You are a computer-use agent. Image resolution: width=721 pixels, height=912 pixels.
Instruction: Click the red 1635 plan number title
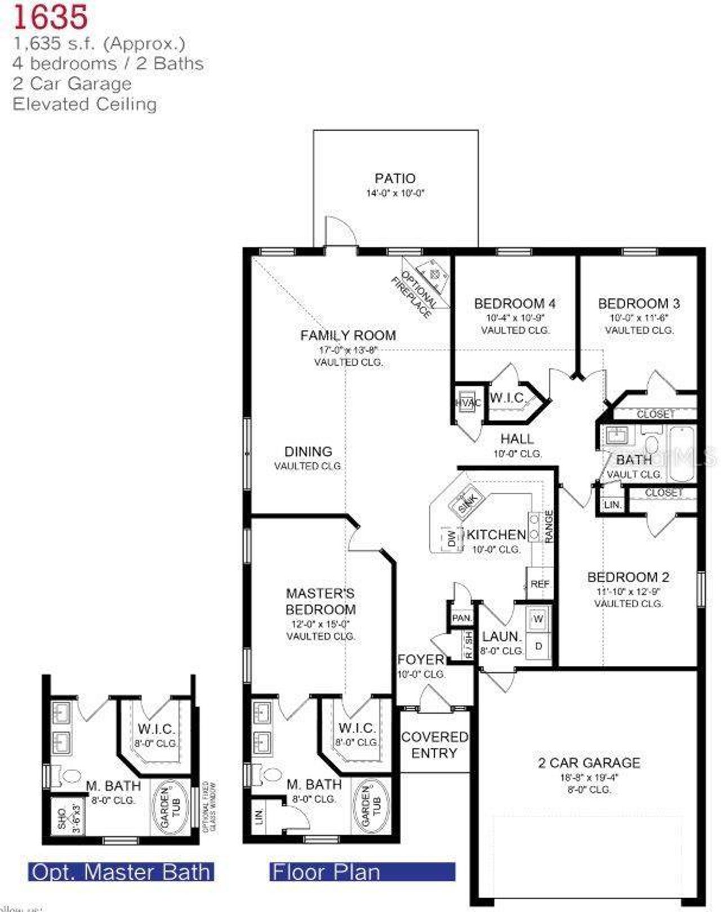(x=51, y=17)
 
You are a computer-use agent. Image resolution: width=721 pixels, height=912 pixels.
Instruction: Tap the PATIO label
(x=395, y=178)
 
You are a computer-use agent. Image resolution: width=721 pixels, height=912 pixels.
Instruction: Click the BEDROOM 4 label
(x=514, y=303)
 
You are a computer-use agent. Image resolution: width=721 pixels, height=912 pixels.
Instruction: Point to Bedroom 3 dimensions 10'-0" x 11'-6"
(x=639, y=318)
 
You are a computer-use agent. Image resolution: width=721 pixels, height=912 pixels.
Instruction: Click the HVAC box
(x=468, y=403)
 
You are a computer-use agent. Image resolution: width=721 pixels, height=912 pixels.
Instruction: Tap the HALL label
(x=517, y=439)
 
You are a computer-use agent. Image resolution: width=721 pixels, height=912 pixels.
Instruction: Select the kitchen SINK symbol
(x=466, y=500)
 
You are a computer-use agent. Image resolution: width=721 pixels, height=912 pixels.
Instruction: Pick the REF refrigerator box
(x=539, y=584)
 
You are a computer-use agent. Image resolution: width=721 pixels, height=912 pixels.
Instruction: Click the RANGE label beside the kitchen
(x=549, y=526)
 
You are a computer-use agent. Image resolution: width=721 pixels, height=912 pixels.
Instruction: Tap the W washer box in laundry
(x=538, y=619)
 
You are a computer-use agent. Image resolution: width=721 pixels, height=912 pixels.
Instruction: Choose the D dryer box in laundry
(x=538, y=646)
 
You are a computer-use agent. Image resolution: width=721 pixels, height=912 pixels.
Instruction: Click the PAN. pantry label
(x=462, y=618)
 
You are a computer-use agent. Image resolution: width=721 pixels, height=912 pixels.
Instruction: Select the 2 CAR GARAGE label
(x=589, y=763)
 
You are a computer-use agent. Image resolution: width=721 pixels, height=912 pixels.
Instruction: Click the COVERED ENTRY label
(x=434, y=744)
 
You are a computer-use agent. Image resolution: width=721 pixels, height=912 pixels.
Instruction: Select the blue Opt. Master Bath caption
(x=121, y=872)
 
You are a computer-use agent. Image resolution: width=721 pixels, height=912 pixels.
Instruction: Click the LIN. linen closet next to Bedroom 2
(x=612, y=505)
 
